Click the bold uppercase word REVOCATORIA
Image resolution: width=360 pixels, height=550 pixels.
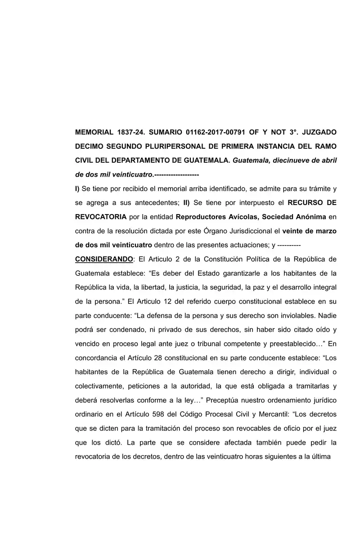(x=101, y=216)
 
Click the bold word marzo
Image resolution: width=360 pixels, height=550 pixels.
(x=321, y=231)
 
